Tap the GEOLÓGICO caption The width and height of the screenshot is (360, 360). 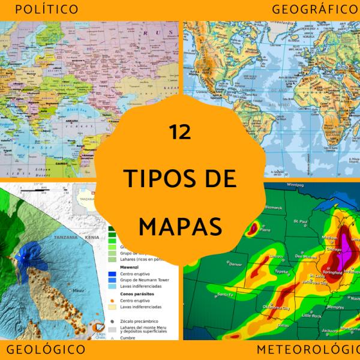click(46, 349)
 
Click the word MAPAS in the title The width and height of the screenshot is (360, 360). click(180, 226)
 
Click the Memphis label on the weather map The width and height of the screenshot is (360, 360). click(340, 307)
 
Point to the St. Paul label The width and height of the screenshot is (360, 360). click(300, 223)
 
